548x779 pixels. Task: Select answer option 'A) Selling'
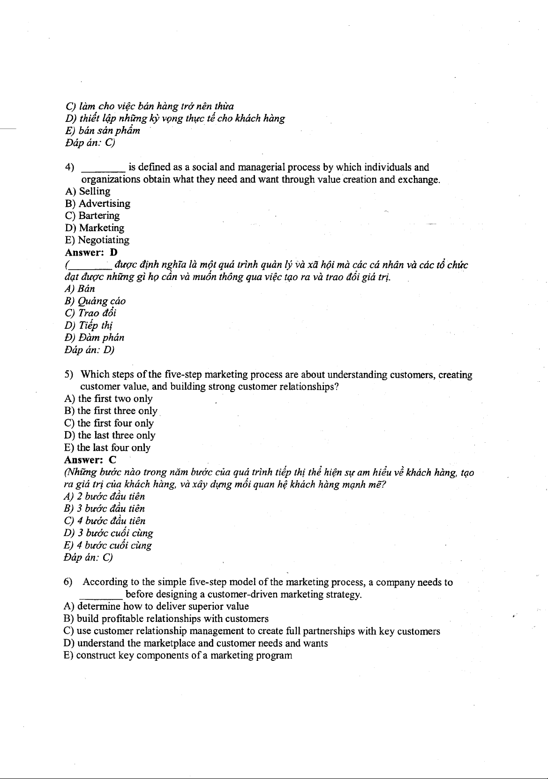pyautogui.click(x=88, y=191)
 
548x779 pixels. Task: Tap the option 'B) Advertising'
pyautogui.click(x=98, y=204)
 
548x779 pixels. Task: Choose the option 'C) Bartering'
pyautogui.click(x=92, y=216)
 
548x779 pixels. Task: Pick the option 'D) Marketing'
pyautogui.click(x=95, y=228)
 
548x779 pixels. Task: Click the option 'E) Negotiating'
pyautogui.click(x=97, y=240)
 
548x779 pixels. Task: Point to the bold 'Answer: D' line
pyautogui.click(x=90, y=252)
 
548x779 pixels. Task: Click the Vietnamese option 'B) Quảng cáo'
pyautogui.click(x=95, y=301)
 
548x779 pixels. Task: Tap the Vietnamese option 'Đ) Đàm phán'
pyautogui.click(x=94, y=338)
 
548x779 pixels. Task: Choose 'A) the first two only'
pyautogui.click(x=108, y=399)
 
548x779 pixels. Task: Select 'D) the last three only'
pyautogui.click(x=110, y=435)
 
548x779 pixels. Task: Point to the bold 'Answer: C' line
pyautogui.click(x=90, y=460)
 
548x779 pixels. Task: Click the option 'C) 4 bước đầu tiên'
pyautogui.click(x=105, y=521)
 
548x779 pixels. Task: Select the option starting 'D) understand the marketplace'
pyautogui.click(x=195, y=643)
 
